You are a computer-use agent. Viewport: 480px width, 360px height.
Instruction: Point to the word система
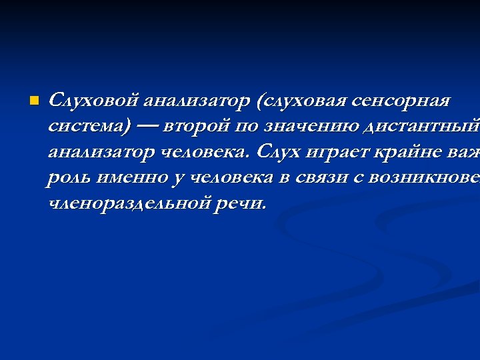coord(87,126)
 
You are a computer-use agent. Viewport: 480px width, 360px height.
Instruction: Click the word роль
coord(69,177)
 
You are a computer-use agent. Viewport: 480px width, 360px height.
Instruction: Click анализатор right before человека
coord(101,151)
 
